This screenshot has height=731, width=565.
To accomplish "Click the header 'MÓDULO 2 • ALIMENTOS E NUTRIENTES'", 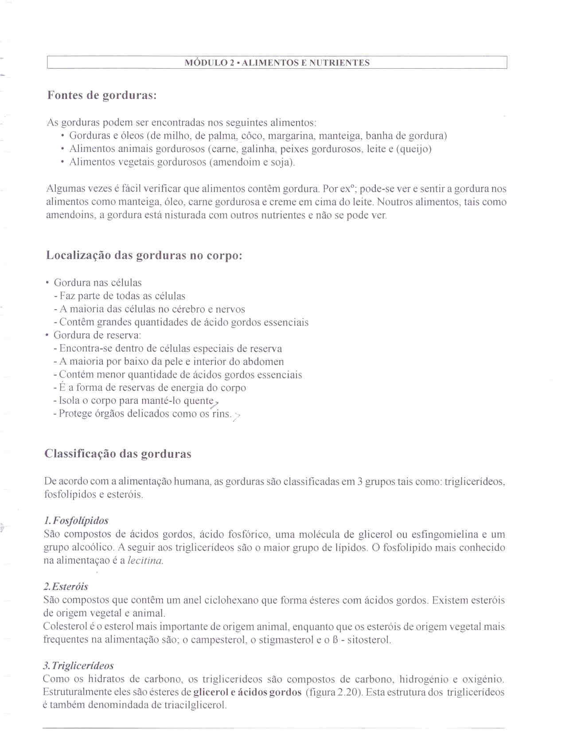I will tap(277, 63).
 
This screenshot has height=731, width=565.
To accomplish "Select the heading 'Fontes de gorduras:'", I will tap(102, 95).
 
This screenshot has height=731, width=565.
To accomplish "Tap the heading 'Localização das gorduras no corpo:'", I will tap(144, 256).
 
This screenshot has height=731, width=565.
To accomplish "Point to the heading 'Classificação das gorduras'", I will tap(118, 454).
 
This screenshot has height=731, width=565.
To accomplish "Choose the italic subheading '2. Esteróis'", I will tap(66, 587).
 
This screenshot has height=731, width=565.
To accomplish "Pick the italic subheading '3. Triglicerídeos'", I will tap(78, 666).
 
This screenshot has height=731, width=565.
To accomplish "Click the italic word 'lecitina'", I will tap(145, 561).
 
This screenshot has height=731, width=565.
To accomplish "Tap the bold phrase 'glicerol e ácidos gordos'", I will tap(248, 692).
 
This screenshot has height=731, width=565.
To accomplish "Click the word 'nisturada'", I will tap(185, 216).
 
